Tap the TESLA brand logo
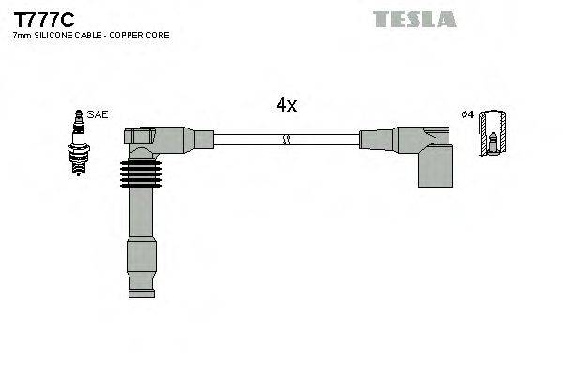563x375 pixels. pyautogui.click(x=414, y=19)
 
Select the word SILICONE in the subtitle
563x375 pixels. pyautogui.click(x=55, y=36)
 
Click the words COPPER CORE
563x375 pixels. pyautogui.click(x=143, y=36)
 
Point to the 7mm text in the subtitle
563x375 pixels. pyautogui.click(x=22, y=36)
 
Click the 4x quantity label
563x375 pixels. pyautogui.click(x=286, y=106)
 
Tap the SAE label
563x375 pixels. pyautogui.click(x=98, y=114)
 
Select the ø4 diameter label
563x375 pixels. pyautogui.click(x=466, y=114)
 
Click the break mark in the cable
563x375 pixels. pyautogui.click(x=287, y=140)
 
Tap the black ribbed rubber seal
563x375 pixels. pyautogui.click(x=141, y=174)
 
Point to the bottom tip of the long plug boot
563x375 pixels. pyautogui.click(x=141, y=292)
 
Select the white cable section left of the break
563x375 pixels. pyautogui.click(x=249, y=140)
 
